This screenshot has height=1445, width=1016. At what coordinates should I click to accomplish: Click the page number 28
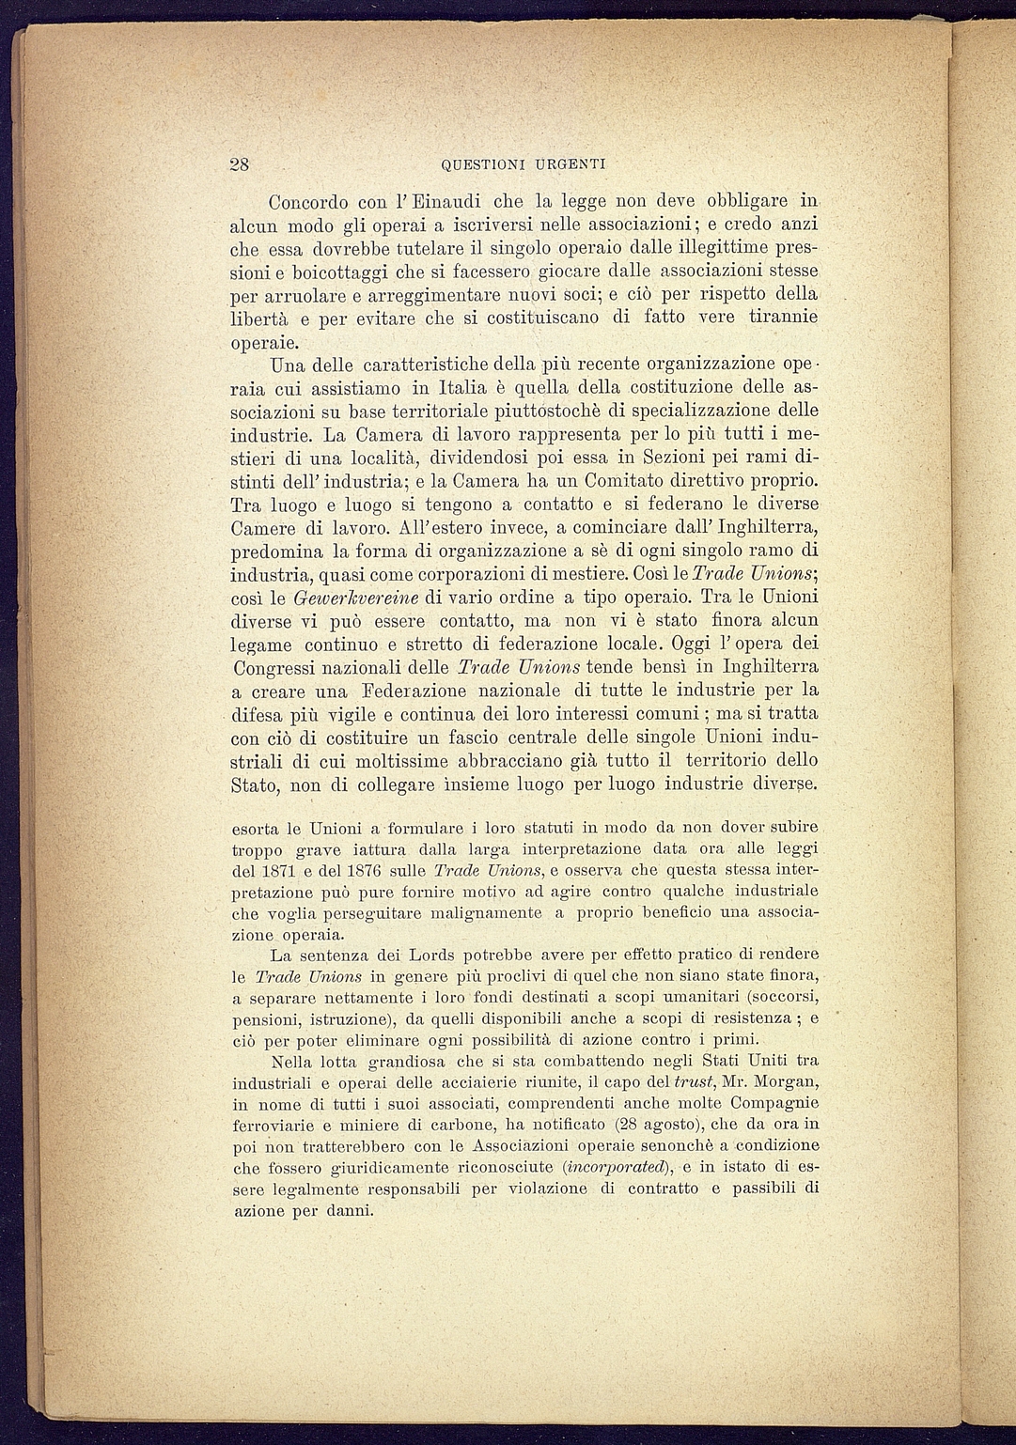pyautogui.click(x=240, y=163)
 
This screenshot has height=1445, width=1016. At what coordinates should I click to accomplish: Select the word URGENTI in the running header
pyautogui.click(x=571, y=164)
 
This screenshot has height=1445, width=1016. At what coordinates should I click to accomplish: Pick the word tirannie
pyautogui.click(x=782, y=318)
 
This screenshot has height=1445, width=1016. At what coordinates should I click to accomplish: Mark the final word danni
pyautogui.click(x=347, y=1210)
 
